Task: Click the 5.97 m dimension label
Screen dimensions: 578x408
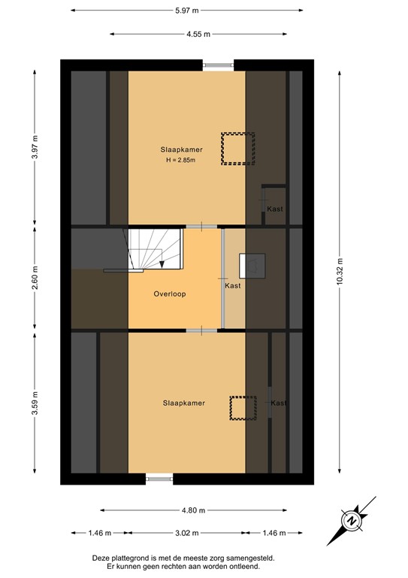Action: pyautogui.click(x=187, y=10)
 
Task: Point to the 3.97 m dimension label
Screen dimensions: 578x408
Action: pyautogui.click(x=35, y=145)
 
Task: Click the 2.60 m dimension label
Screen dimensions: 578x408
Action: pyautogui.click(x=35, y=277)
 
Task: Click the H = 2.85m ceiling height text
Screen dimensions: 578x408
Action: pyautogui.click(x=182, y=160)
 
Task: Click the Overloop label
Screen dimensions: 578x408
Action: pyautogui.click(x=169, y=294)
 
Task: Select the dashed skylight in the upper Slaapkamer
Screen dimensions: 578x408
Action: pyautogui.click(x=238, y=148)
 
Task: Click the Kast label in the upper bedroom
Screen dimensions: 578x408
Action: pyautogui.click(x=275, y=208)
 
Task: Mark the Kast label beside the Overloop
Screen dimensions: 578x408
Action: pyautogui.click(x=233, y=287)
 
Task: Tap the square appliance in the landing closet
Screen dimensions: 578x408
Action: pyautogui.click(x=252, y=266)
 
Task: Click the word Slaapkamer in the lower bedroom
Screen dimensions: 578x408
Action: pyautogui.click(x=183, y=403)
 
